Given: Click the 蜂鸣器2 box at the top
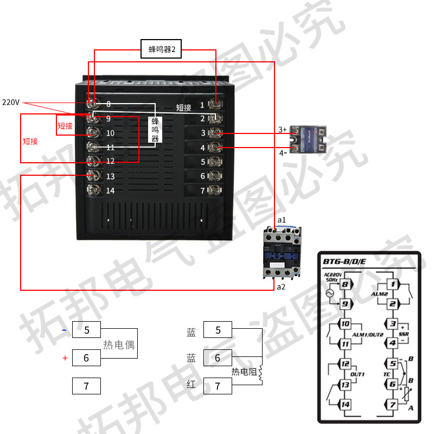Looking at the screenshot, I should point(161,49).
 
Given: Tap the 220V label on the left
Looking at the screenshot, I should point(11,102).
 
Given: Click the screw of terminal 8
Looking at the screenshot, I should point(94,104).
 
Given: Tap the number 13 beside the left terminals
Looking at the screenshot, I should point(110,176).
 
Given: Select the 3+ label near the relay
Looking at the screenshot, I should point(282,130).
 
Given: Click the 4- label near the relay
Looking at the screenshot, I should point(283,152).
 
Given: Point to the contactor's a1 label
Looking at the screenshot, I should point(282,220).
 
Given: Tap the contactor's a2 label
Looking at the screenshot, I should point(281,286).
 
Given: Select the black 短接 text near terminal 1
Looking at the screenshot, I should point(184,107).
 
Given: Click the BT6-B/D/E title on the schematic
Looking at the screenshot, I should point(344,261).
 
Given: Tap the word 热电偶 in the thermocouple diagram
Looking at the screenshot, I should point(119,344).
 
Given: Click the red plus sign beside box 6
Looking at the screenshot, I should point(65,358).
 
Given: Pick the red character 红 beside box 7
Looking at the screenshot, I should point(191,385).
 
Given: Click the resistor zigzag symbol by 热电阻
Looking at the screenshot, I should point(261,373).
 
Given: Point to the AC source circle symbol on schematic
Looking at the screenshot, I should point(328,293).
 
